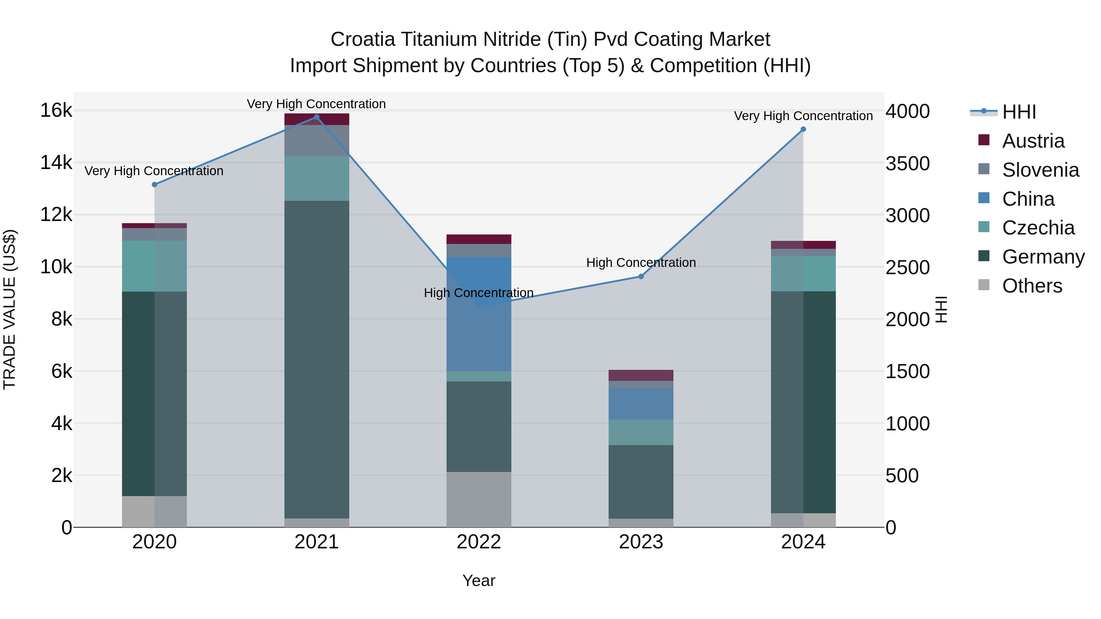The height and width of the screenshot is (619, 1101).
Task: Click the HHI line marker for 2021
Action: [x=317, y=117]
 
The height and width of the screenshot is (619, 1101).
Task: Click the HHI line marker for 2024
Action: [x=803, y=129]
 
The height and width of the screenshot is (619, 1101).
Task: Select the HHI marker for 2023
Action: [x=641, y=276]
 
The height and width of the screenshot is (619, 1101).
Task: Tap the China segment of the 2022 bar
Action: [x=479, y=314]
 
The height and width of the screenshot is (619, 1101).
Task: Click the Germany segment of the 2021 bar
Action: [x=317, y=359]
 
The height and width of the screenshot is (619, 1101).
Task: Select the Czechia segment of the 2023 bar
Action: [x=641, y=432]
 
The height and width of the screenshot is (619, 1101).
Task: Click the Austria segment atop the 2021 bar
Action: [x=317, y=119]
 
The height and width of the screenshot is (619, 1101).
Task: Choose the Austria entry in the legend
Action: [x=1033, y=141]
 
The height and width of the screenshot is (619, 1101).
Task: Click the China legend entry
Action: [x=1028, y=199]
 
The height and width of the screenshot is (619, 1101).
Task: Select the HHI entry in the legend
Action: [x=1019, y=112]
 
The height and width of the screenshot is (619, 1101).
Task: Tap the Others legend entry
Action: [x=1032, y=286]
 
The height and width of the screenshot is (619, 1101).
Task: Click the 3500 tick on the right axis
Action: [x=907, y=164]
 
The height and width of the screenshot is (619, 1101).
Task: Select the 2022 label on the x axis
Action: [x=479, y=542]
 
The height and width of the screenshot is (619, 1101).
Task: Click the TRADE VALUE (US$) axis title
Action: [x=9, y=309]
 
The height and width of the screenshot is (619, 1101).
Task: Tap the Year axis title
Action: [x=479, y=580]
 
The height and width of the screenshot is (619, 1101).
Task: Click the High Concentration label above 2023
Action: [x=641, y=262]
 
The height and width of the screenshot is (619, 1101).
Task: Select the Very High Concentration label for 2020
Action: [x=154, y=171]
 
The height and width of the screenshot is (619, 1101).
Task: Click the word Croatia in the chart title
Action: [x=362, y=39]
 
